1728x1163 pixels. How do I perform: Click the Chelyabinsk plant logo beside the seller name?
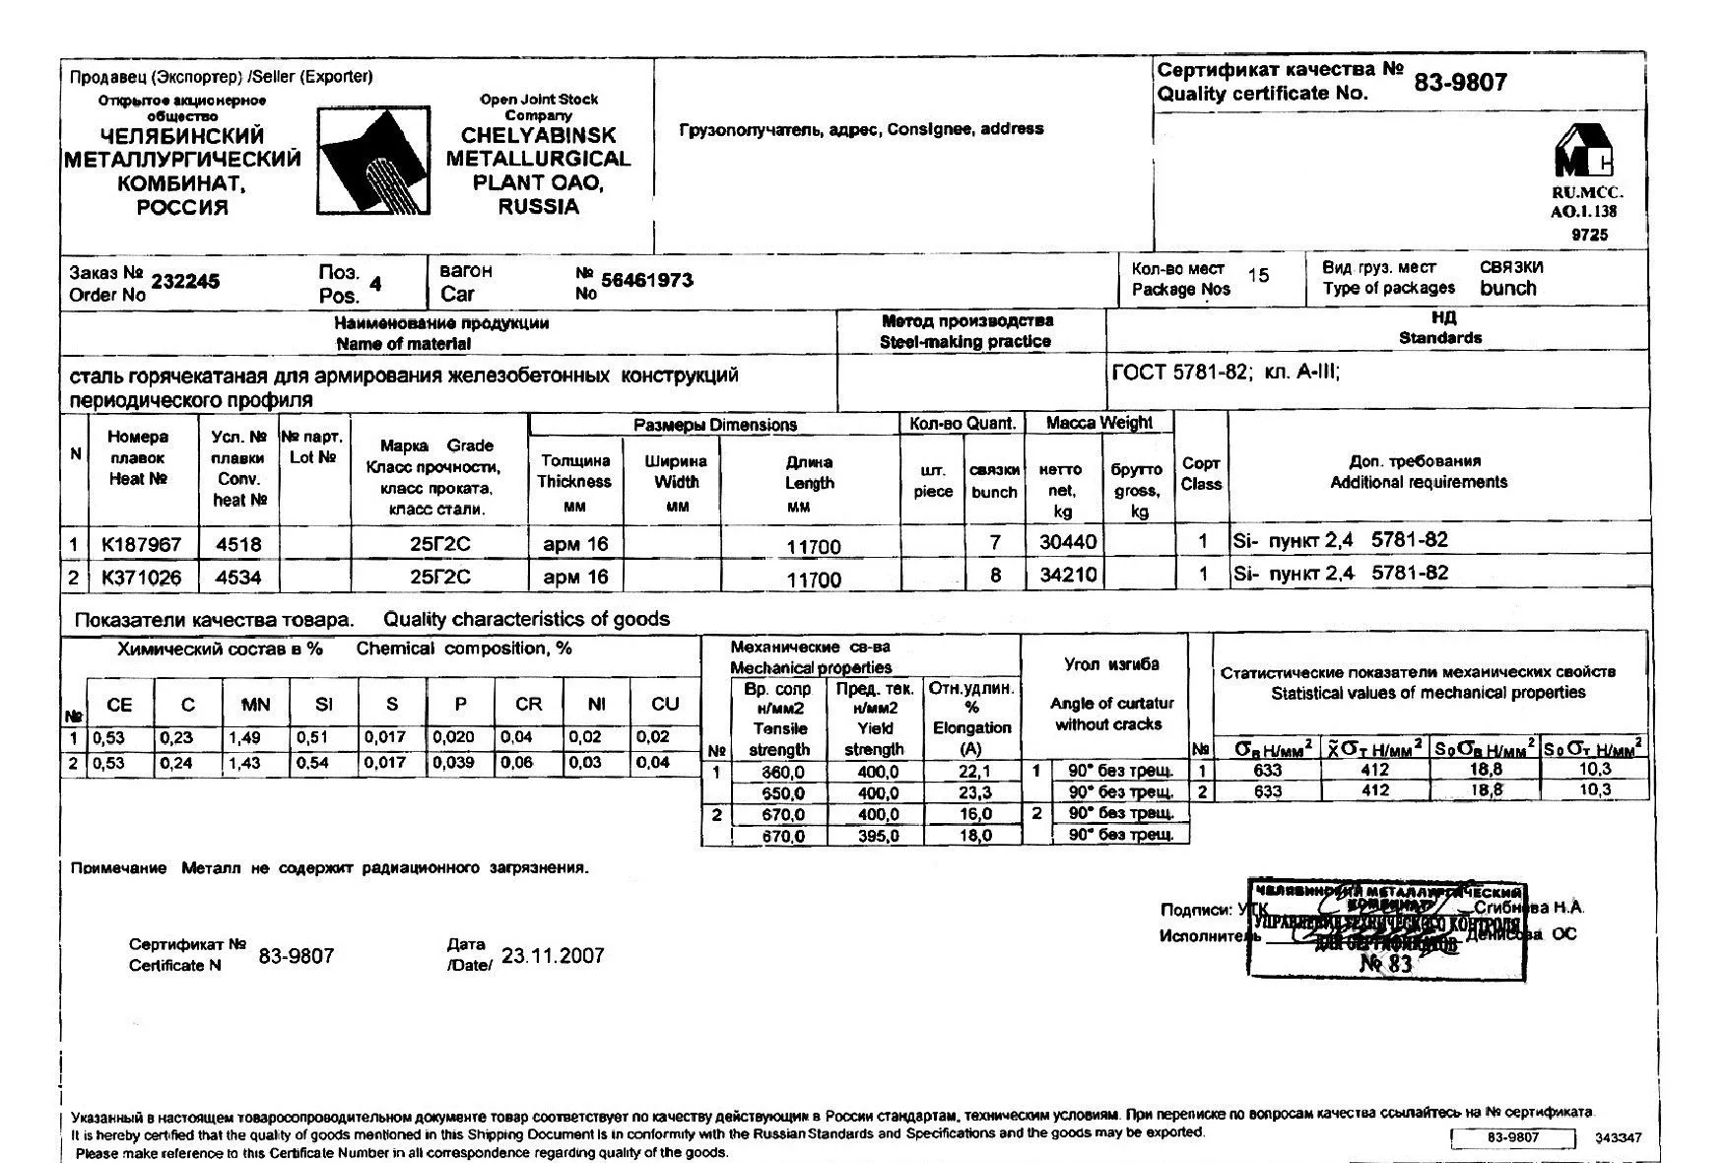pos(373,160)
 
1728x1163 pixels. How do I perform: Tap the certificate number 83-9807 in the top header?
pos(1460,83)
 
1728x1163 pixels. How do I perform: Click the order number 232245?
pos(185,282)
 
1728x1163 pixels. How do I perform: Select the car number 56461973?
pos(647,281)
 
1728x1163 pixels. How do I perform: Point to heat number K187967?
pos(142,544)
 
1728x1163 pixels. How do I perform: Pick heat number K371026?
pos(142,578)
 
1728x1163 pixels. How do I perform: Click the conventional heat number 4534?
pos(237,578)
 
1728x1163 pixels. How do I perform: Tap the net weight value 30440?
pos(1068,542)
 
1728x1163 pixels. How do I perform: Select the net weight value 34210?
pos(1068,575)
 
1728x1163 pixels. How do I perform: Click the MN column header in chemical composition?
pos(255,705)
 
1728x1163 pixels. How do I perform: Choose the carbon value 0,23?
pos(176,737)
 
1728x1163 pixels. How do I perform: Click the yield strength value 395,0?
pos(877,837)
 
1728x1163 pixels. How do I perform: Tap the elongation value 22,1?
pos(973,772)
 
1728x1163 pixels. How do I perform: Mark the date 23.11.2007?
pos(553,956)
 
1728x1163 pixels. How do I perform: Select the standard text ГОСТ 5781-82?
pos(1179,374)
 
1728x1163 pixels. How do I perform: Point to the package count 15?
pos(1258,276)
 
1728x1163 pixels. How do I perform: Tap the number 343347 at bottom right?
pos(1618,1137)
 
